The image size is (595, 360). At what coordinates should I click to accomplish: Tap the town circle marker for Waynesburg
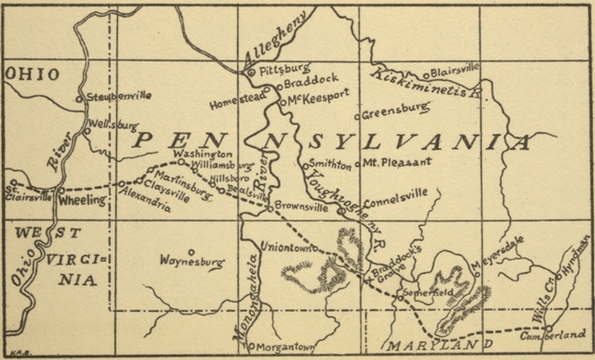[190, 251]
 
